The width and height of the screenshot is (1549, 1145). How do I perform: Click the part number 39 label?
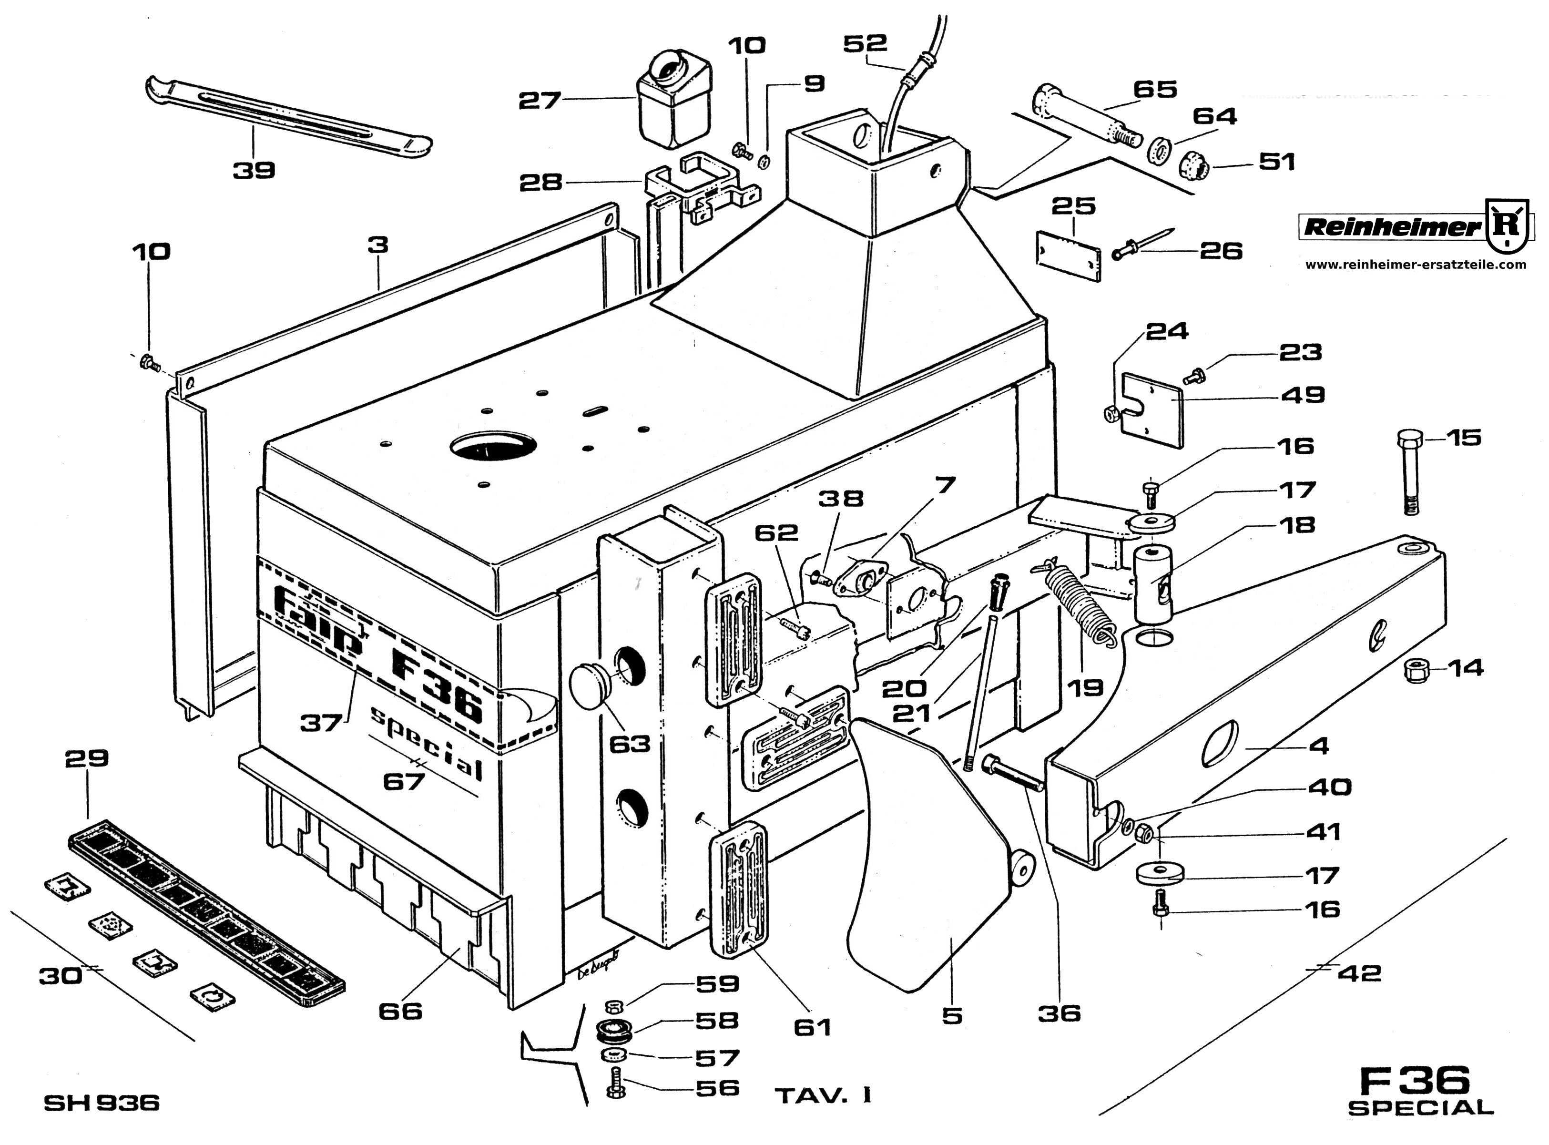point(254,170)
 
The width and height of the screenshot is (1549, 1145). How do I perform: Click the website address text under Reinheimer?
point(1415,264)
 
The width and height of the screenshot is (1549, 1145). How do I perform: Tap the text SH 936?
point(102,1103)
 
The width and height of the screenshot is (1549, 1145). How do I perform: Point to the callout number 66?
point(400,1011)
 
